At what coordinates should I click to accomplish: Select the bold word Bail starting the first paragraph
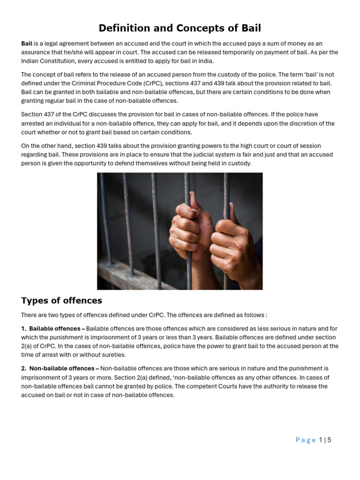coord(27,44)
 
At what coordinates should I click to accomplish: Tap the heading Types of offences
coord(61,300)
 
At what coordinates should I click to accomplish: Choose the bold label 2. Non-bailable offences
coord(60,369)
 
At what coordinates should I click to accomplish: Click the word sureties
coord(112,355)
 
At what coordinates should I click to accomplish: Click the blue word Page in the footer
coord(306,440)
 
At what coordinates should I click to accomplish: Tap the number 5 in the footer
coord(329,440)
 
